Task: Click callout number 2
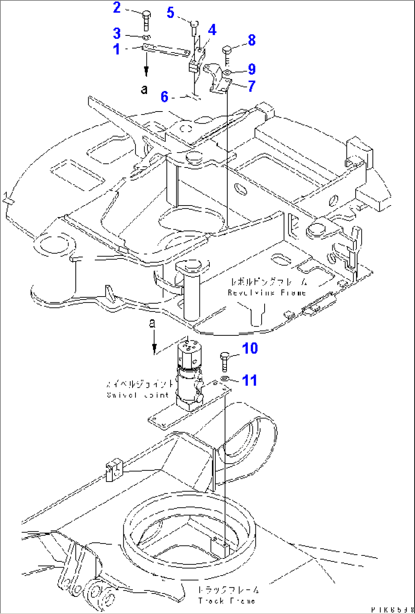pyautogui.click(x=117, y=8)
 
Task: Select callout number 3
pyautogui.click(x=117, y=33)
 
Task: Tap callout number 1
pyautogui.click(x=117, y=49)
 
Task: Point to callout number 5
pyautogui.click(x=170, y=13)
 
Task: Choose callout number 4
pyautogui.click(x=212, y=30)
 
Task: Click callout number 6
pyautogui.click(x=164, y=97)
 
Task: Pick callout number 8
pyautogui.click(x=252, y=40)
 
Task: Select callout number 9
pyautogui.click(x=252, y=69)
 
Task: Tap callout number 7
pyautogui.click(x=251, y=86)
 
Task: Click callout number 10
pyautogui.click(x=250, y=348)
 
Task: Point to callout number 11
pyautogui.click(x=249, y=380)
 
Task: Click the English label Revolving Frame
pyautogui.click(x=267, y=293)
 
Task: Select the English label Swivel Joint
pyautogui.click(x=137, y=395)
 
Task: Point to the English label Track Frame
pyautogui.click(x=226, y=601)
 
